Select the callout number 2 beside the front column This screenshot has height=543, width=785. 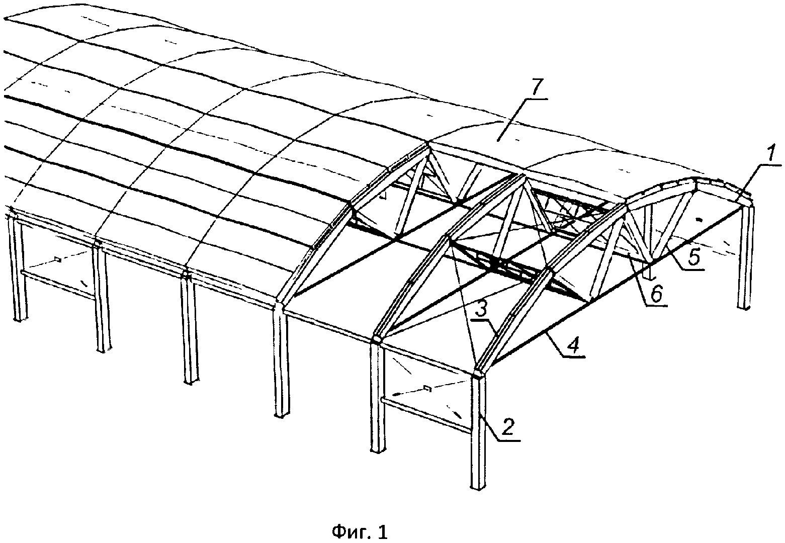pyautogui.click(x=508, y=427)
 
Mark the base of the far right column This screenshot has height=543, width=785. pyautogui.click(x=744, y=307)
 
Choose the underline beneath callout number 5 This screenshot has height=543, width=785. pyautogui.click(x=690, y=269)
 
